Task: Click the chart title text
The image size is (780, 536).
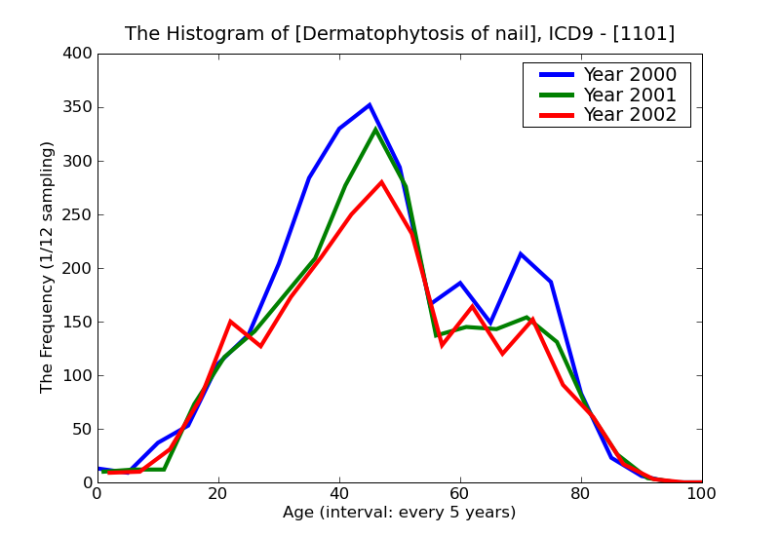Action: pos(400,34)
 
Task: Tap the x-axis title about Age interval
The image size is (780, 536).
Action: pos(400,513)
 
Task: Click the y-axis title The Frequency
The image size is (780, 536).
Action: pos(48,267)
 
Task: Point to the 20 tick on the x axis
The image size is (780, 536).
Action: pos(218,494)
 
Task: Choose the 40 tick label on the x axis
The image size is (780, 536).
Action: pos(339,494)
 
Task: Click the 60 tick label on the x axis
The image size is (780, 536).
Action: pos(460,494)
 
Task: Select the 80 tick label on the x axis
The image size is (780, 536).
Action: pos(581,494)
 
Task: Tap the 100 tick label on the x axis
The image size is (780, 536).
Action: pos(701,494)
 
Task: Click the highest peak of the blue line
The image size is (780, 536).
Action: pos(370,104)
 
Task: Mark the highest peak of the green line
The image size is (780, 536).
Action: pos(375,129)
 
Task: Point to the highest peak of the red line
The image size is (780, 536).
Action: pos(381,182)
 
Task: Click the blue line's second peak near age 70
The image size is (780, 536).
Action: pos(521,254)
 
